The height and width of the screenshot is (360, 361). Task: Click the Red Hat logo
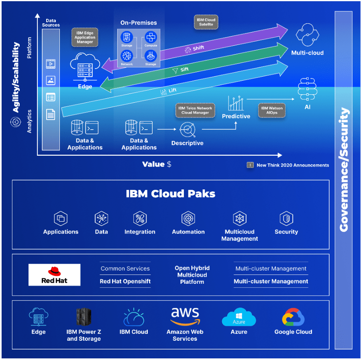tap(54, 275)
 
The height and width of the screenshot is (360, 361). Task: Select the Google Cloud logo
tap(293, 317)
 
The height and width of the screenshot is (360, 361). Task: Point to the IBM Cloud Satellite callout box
tap(206, 22)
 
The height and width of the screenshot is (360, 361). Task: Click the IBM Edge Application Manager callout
tap(85, 37)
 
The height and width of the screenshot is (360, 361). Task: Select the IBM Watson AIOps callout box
tap(271, 111)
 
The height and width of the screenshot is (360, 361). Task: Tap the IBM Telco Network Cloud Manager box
tap(196, 110)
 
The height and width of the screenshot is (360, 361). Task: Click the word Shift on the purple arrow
tap(198, 48)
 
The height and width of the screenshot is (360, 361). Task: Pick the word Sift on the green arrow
tap(184, 70)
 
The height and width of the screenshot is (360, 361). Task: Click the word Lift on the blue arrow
tap(172, 91)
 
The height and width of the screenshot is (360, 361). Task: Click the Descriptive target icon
tap(187, 129)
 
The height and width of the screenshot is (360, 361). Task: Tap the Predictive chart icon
tap(236, 103)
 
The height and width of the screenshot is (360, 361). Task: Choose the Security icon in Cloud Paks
tap(286, 219)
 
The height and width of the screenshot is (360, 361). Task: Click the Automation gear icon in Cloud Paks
tap(188, 219)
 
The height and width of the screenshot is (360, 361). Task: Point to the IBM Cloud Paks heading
tap(171, 194)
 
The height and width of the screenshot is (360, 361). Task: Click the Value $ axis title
tap(157, 164)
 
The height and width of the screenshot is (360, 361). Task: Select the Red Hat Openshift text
tap(125, 281)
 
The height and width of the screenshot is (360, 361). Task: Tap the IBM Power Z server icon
tap(84, 317)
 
